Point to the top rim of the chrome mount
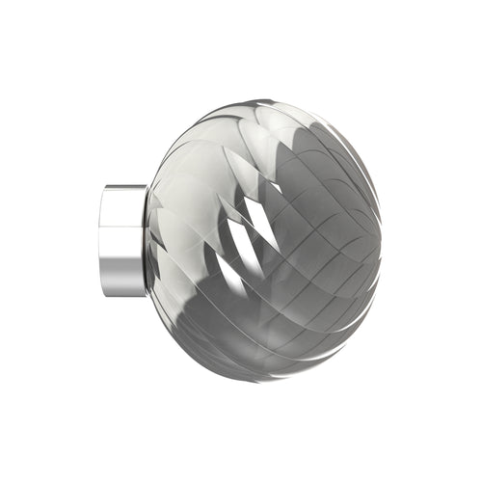pyautogui.click(x=124, y=186)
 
